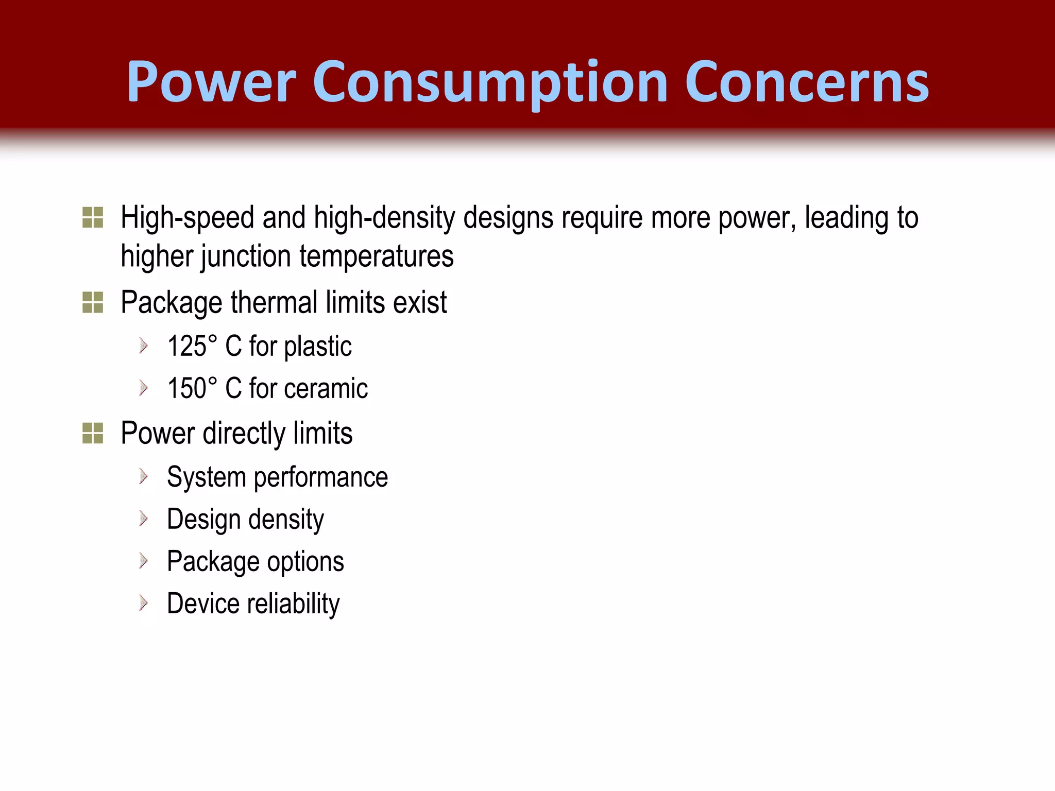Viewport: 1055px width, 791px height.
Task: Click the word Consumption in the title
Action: [x=490, y=82]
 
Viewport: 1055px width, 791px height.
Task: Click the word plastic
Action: [x=318, y=346]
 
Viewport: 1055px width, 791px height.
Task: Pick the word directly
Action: [x=243, y=433]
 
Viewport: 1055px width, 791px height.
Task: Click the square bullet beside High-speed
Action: [x=93, y=217]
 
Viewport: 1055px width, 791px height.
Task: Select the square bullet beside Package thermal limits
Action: [x=93, y=302]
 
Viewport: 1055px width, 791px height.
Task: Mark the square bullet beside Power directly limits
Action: [x=93, y=433]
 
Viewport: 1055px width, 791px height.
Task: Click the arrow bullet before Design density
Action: [x=144, y=519]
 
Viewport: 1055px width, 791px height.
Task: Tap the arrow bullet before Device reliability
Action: [x=144, y=603]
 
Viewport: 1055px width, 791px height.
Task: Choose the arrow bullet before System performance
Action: [x=144, y=476]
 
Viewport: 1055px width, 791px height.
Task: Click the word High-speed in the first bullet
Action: [x=188, y=217]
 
